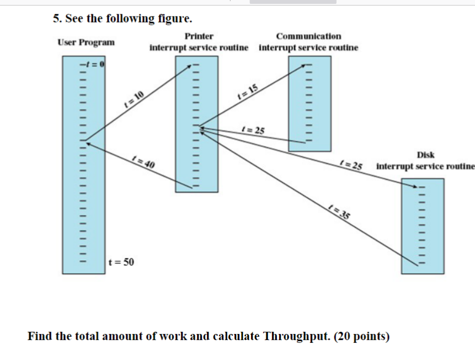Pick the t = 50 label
(121, 262)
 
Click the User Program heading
(86, 42)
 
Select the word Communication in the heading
(308, 36)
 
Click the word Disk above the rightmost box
(425, 155)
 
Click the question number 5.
(56, 19)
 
